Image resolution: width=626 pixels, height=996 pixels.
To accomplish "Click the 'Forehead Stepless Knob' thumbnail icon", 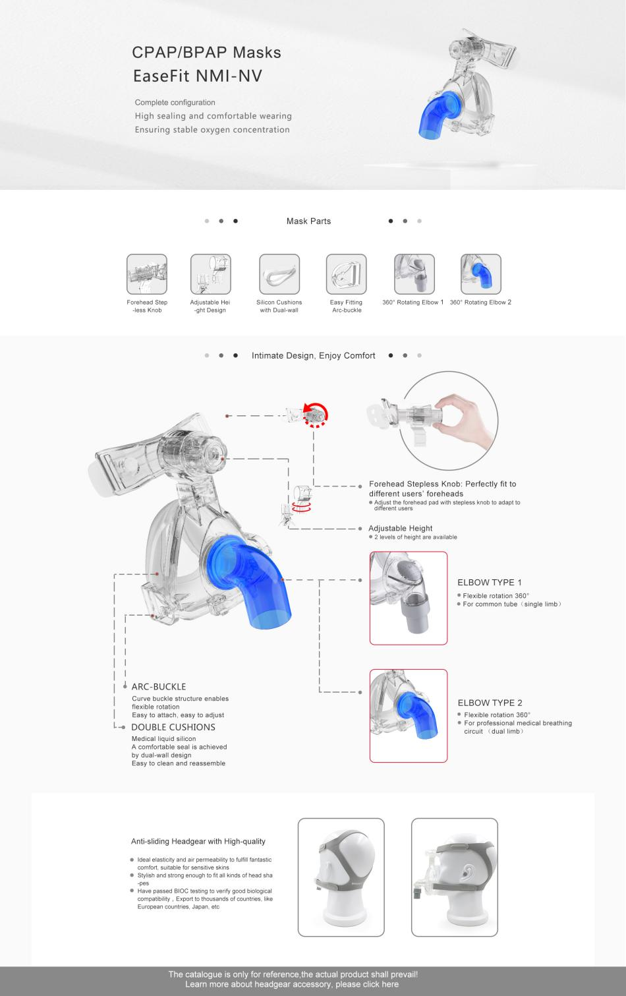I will tap(147, 274).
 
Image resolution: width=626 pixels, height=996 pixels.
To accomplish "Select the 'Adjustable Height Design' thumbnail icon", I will tap(211, 274).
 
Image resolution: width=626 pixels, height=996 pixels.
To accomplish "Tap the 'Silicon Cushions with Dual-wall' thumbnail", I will tap(279, 274).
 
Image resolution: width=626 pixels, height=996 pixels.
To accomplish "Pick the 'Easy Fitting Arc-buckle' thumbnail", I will tap(346, 274).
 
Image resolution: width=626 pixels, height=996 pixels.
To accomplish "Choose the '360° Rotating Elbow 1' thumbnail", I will tap(414, 274).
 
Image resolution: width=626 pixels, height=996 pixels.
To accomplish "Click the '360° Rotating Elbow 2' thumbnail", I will tap(481, 274).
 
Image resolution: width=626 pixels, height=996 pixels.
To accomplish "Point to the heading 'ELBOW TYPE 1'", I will tap(490, 583).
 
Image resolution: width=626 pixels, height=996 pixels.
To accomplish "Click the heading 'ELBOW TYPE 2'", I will tap(490, 703).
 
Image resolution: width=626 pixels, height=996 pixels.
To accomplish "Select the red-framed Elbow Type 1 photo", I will tap(409, 598).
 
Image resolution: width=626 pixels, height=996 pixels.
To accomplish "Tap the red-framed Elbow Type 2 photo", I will tap(409, 716).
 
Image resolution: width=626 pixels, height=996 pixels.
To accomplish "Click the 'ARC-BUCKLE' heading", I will tap(159, 687).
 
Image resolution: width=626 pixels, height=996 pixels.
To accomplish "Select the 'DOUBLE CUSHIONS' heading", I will tap(173, 727).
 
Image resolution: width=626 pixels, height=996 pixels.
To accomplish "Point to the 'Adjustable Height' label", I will tap(401, 528).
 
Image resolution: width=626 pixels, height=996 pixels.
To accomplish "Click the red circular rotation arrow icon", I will tap(316, 414).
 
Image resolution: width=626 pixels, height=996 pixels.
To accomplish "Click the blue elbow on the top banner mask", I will tap(435, 116).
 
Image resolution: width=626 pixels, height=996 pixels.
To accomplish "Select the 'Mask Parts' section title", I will tap(308, 221).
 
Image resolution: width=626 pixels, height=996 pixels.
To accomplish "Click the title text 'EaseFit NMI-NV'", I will tap(198, 76).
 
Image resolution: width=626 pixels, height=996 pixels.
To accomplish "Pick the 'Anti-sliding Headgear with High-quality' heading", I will tap(198, 841).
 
